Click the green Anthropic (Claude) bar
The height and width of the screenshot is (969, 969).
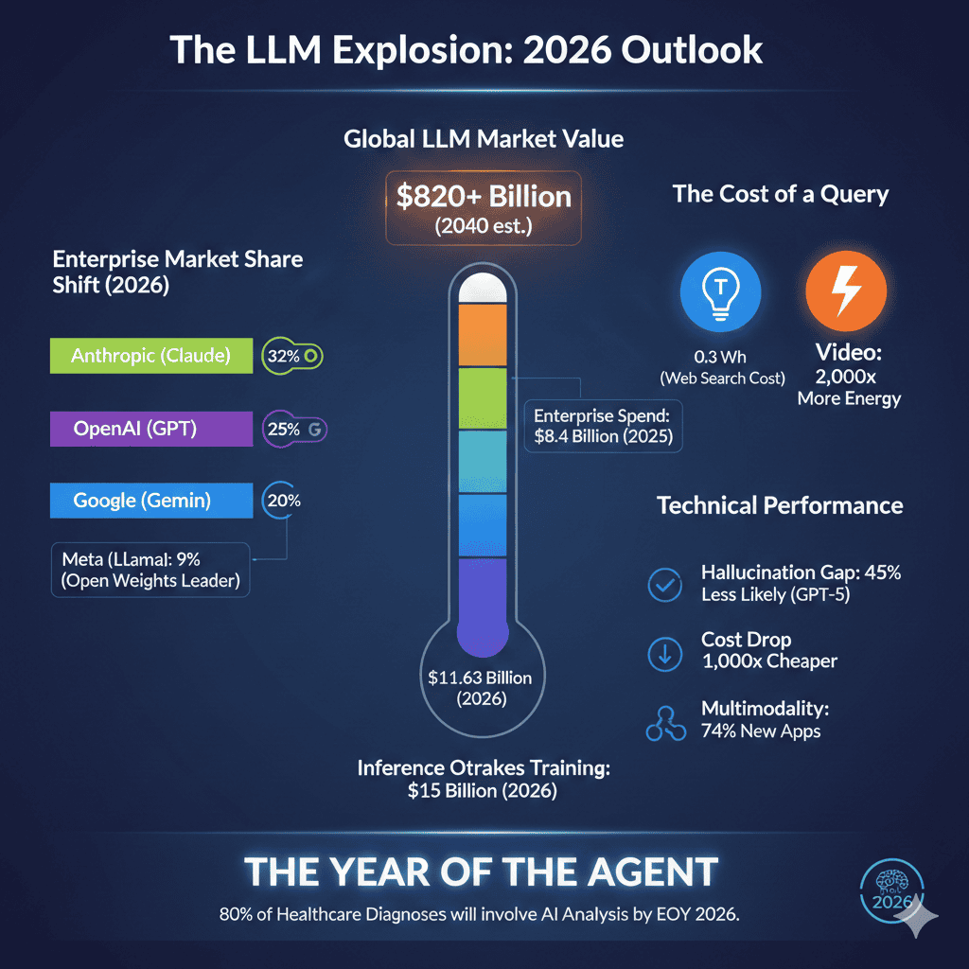pyautogui.click(x=150, y=356)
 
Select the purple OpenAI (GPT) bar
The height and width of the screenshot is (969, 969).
pyautogui.click(x=150, y=429)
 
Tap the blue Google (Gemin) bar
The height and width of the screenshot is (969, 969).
pyautogui.click(x=150, y=501)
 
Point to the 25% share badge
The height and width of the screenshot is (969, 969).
pyautogui.click(x=293, y=429)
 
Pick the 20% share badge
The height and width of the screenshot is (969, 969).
pyautogui.click(x=282, y=501)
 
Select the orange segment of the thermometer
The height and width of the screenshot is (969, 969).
pyautogui.click(x=484, y=336)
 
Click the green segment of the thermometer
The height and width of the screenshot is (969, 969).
pyautogui.click(x=484, y=398)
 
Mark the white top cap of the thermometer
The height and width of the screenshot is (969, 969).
pyautogui.click(x=484, y=289)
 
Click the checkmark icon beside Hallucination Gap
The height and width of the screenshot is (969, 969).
pyautogui.click(x=663, y=585)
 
